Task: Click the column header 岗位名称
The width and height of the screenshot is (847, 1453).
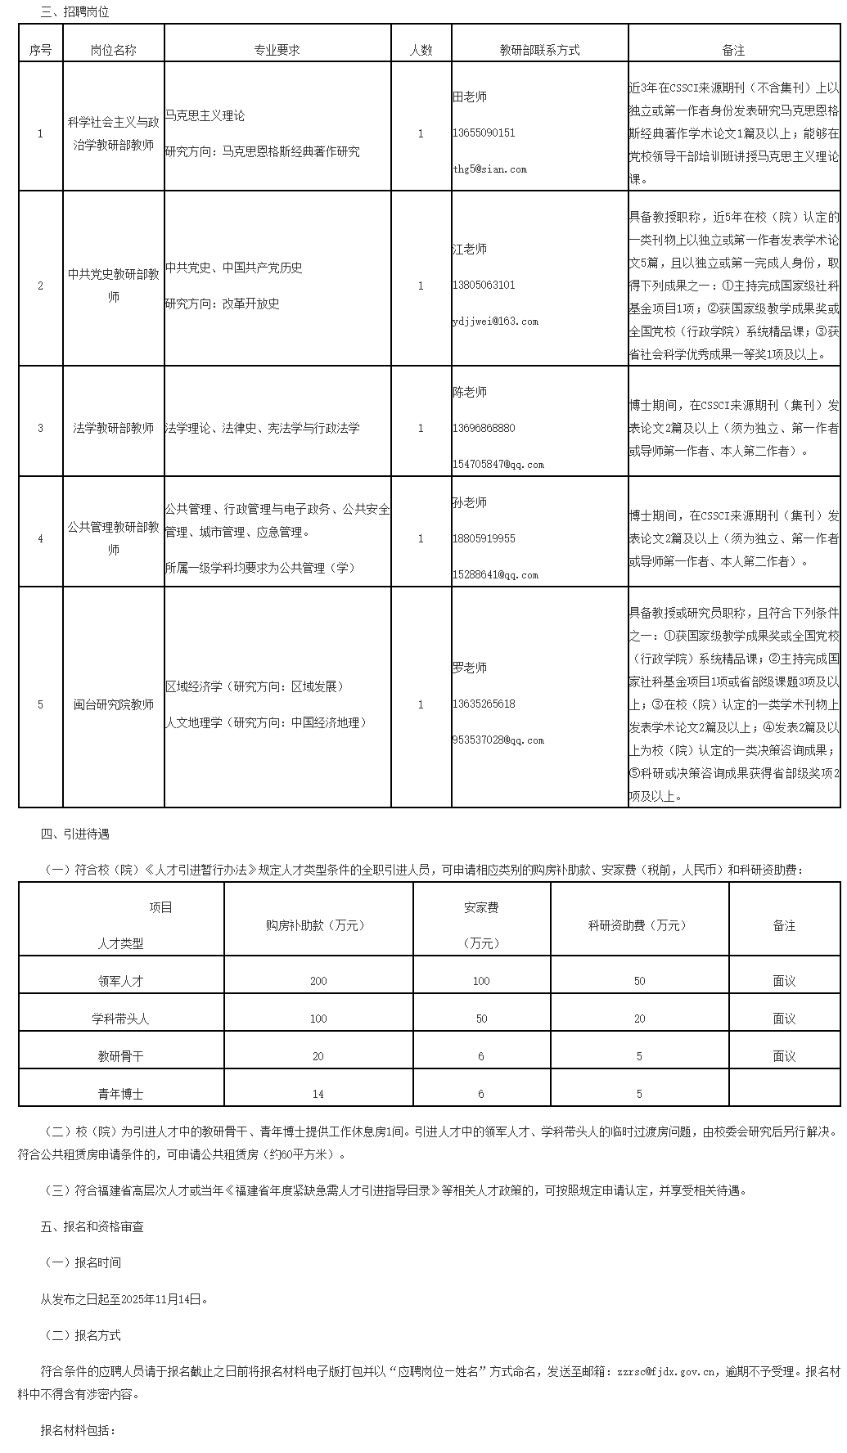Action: pyautogui.click(x=114, y=50)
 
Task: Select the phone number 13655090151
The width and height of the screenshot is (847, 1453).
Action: pyautogui.click(x=484, y=133)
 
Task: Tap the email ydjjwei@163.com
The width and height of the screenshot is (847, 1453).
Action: pyautogui.click(x=495, y=322)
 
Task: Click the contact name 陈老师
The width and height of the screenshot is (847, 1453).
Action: pyautogui.click(x=470, y=392)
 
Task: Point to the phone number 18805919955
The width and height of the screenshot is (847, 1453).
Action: pyautogui.click(x=484, y=538)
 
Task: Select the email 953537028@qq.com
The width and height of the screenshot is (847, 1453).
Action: pyautogui.click(x=498, y=740)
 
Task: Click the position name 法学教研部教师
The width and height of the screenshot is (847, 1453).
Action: pyautogui.click(x=114, y=428)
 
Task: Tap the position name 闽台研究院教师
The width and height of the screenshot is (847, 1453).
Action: pyautogui.click(x=114, y=704)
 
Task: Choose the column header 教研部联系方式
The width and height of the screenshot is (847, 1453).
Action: pyautogui.click(x=539, y=50)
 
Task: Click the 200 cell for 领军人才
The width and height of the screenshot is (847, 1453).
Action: pyautogui.click(x=318, y=981)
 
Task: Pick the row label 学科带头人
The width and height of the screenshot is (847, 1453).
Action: pyautogui.click(x=120, y=1019)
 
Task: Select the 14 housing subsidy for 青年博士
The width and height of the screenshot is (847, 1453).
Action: pyautogui.click(x=318, y=1094)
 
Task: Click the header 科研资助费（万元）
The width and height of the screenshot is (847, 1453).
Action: pyautogui.click(x=639, y=925)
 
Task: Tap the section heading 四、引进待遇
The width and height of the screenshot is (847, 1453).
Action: pyautogui.click(x=74, y=834)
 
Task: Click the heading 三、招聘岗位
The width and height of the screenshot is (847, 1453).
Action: pyautogui.click(x=74, y=12)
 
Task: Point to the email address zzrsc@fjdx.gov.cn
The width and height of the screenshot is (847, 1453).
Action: pyautogui.click(x=669, y=1372)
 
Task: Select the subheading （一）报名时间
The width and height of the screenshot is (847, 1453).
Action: pyautogui.click(x=81, y=1262)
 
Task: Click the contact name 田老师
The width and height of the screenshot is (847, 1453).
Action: pyautogui.click(x=470, y=97)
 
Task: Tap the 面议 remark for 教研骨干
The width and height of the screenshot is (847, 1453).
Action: pyautogui.click(x=784, y=1056)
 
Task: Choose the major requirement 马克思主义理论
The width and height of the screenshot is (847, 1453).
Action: pyautogui.click(x=205, y=115)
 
